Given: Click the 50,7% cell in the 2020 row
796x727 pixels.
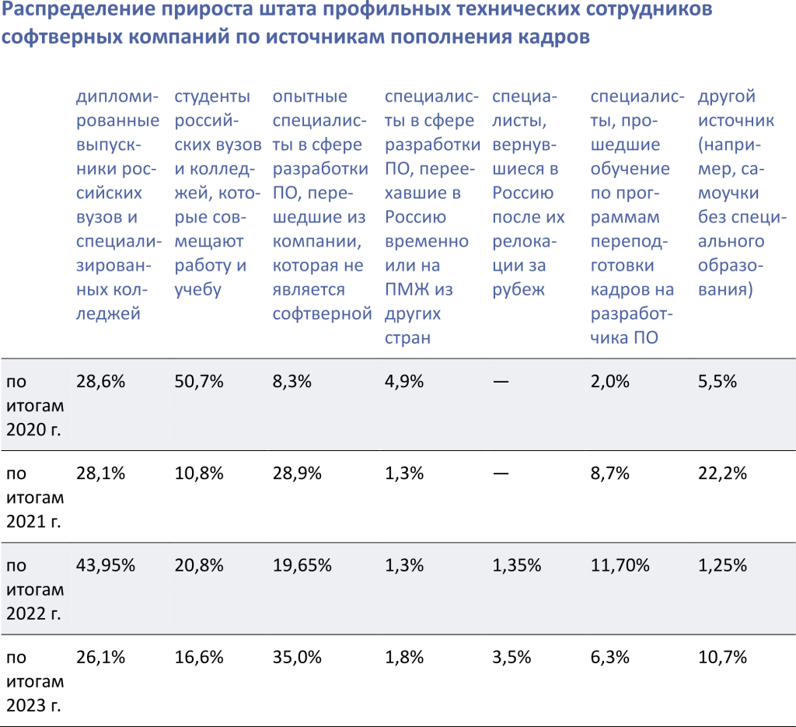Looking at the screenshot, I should (x=199, y=382).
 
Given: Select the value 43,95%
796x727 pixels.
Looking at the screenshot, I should (x=106, y=565).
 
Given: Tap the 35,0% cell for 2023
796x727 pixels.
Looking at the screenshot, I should (x=297, y=657).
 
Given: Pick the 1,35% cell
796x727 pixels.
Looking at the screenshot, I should (x=517, y=565).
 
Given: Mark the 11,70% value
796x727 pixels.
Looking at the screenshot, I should (x=620, y=565).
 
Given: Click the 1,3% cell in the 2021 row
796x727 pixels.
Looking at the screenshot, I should (x=404, y=474).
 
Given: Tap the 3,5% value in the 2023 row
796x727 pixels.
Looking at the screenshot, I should (x=511, y=657).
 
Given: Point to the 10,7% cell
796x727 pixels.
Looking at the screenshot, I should (x=722, y=657).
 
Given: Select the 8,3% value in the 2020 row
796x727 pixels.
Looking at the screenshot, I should (x=292, y=382).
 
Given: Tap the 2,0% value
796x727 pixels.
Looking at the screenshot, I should (x=609, y=382).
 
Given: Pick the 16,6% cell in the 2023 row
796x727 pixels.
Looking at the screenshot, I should (x=199, y=657).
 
